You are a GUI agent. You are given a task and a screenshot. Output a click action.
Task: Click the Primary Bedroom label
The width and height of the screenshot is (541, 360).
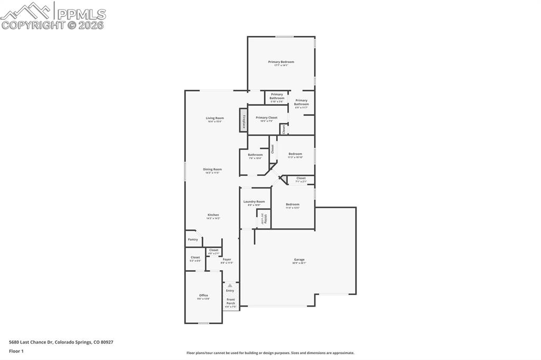[281, 62]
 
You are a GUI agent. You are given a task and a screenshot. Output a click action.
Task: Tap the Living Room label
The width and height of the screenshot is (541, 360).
[214, 118]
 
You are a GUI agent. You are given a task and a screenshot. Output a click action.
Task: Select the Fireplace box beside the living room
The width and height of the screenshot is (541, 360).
[244, 120]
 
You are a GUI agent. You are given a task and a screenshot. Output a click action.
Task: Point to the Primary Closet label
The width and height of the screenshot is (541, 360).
[266, 118]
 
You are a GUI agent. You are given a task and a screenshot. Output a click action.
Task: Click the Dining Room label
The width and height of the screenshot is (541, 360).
[212, 169]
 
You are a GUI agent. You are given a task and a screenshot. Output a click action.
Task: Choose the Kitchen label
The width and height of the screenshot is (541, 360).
[213, 215]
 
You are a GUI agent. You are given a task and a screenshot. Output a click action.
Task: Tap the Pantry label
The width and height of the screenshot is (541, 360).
[193, 239]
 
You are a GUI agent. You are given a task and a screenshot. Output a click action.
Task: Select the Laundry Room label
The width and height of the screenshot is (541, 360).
[254, 202]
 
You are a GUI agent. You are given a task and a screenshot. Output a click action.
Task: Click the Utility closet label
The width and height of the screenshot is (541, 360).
[265, 218]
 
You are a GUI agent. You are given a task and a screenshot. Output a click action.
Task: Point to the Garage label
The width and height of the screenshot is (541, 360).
[299, 260]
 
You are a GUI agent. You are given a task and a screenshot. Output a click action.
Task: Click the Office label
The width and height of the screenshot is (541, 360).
[203, 296]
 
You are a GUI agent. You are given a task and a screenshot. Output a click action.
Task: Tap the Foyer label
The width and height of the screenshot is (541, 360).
[227, 260]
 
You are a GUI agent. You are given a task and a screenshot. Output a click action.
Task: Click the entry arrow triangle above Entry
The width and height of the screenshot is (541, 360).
[230, 285]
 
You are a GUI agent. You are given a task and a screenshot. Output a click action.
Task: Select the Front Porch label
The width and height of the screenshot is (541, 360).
[231, 301]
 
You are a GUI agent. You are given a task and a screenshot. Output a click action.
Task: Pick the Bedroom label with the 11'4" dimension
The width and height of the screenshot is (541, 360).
[293, 204]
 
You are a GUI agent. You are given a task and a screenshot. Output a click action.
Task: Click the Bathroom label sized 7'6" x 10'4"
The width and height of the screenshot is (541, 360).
[255, 155]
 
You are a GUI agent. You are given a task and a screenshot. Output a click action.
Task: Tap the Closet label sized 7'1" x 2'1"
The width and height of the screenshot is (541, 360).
[301, 178]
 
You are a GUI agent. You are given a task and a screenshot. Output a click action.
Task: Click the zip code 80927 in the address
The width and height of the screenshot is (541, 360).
[107, 342]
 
